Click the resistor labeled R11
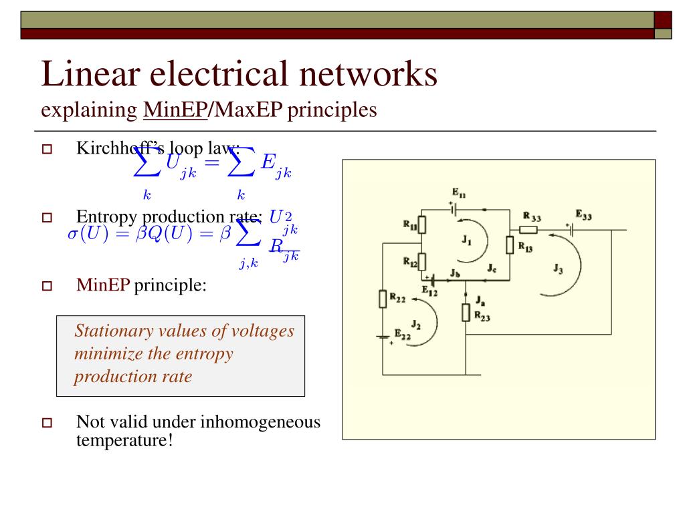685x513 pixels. coord(422,224)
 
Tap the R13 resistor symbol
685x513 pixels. coord(510,245)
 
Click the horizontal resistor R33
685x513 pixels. coord(528,230)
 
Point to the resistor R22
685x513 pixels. coord(383,299)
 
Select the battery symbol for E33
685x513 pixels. coord(573,230)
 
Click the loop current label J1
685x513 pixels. coord(467,242)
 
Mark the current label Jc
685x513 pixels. coord(491,269)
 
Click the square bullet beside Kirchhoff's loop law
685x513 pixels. coord(47,149)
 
